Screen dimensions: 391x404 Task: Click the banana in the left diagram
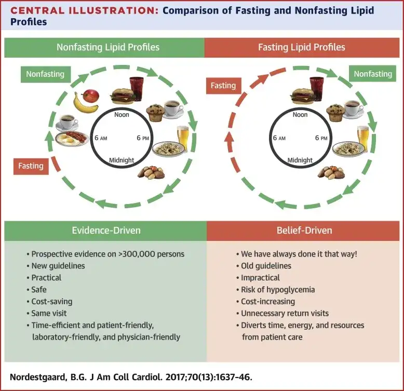(x=85, y=102)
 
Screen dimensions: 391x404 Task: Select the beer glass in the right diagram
(x=362, y=137)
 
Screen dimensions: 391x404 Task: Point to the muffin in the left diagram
(x=155, y=112)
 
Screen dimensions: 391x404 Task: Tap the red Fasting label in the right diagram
(x=223, y=86)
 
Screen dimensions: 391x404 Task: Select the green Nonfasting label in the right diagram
(x=372, y=74)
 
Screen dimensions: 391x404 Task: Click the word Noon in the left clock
(x=121, y=114)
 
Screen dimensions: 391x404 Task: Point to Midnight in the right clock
(x=300, y=160)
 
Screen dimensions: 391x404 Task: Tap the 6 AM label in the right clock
(x=279, y=138)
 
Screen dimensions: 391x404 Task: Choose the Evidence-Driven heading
(x=105, y=231)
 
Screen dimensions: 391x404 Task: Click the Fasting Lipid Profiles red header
(x=301, y=47)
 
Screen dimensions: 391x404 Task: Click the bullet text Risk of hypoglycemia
(x=278, y=289)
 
